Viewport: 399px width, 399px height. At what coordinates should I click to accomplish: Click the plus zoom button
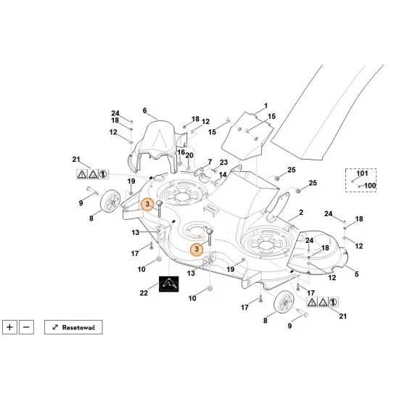click(x=9, y=327)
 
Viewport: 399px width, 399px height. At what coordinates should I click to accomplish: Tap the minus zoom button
click(x=26, y=327)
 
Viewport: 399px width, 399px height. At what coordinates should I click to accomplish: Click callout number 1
click(x=266, y=106)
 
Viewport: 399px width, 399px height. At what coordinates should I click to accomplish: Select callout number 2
click(x=301, y=212)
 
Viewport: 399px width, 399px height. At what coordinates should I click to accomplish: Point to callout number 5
click(x=357, y=273)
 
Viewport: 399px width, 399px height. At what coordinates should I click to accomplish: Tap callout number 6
click(x=145, y=110)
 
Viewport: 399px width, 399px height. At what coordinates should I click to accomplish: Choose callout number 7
click(x=210, y=162)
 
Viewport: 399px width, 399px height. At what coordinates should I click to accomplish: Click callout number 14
click(x=223, y=175)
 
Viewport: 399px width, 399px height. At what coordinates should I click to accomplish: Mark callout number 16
click(x=181, y=152)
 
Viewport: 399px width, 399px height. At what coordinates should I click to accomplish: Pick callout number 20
click(x=189, y=155)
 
